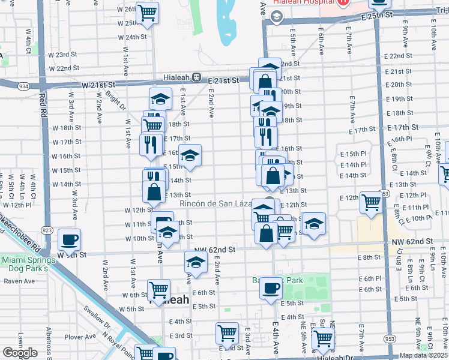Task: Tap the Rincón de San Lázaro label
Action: click(216, 203)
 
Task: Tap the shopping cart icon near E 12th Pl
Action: click(372, 202)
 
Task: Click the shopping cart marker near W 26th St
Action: click(147, 13)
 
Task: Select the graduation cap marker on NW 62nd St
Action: click(196, 262)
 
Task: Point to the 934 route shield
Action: click(24, 87)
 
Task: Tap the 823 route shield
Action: click(47, 230)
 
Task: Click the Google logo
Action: click(19, 352)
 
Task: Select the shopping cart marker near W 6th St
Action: click(159, 290)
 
